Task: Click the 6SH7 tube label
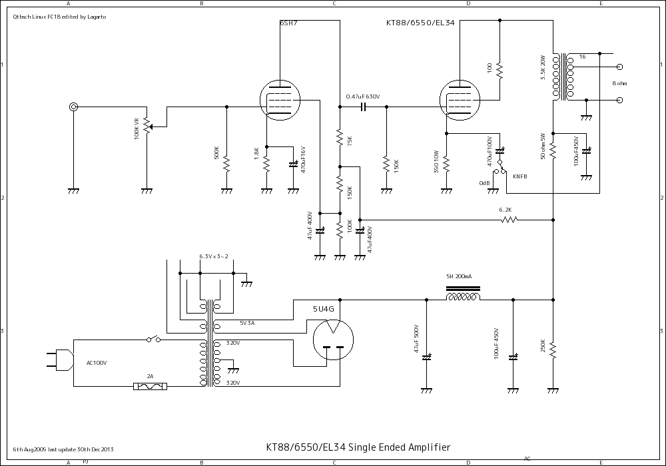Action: pos(288,23)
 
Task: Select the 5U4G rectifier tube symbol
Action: pos(331,340)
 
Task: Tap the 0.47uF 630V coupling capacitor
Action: pos(364,107)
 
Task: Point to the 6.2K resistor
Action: pos(509,219)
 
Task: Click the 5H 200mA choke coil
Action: pos(463,296)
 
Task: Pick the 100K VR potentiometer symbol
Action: pos(147,126)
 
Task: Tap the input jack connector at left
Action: pos(73,107)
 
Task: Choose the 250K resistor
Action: pos(553,348)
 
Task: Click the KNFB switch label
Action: pos(519,176)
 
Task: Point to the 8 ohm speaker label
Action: pos(619,83)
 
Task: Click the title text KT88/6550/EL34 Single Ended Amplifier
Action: pos(358,447)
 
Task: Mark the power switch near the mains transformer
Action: pos(155,340)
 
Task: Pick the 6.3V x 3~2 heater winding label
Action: pos(213,256)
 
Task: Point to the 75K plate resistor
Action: pos(340,138)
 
